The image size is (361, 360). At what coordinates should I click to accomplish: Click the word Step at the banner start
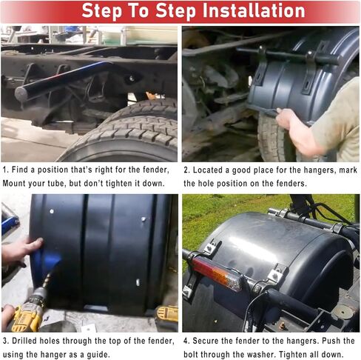102,11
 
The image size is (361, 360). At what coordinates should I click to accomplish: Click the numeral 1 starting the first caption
5,170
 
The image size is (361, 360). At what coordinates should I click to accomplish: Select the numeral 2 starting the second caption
187,170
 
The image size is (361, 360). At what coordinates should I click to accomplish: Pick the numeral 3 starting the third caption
5,341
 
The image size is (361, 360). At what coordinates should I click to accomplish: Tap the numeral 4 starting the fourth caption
187,341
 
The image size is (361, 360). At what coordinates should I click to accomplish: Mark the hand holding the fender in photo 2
286,118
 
